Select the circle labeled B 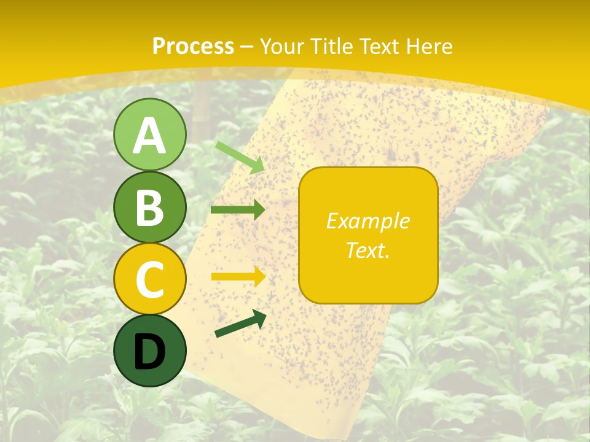[x=150, y=207]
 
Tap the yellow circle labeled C [x=150, y=279]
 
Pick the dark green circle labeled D [x=150, y=351]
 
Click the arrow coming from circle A [x=240, y=157]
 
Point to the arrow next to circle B [x=238, y=210]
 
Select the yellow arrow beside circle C [x=238, y=277]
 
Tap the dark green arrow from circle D [x=240, y=324]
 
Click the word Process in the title [x=193, y=46]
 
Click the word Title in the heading [x=331, y=46]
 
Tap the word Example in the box [x=368, y=221]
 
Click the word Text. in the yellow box [x=368, y=250]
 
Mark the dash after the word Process [x=247, y=47]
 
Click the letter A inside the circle [x=150, y=136]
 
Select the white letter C [x=150, y=281]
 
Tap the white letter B [x=150, y=208]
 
